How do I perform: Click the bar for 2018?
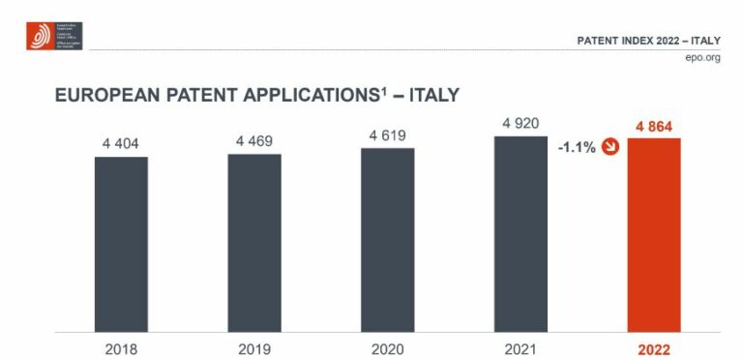(x=121, y=244)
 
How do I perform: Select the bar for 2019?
(x=254, y=242)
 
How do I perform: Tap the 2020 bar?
(x=387, y=239)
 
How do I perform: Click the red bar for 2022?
(x=654, y=235)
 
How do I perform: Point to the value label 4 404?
(x=121, y=144)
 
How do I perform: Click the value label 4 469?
(x=254, y=141)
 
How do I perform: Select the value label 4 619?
(x=387, y=136)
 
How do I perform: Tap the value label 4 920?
(x=520, y=124)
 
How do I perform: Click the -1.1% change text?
(x=576, y=149)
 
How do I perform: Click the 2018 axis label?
(x=121, y=349)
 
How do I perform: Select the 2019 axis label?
(x=254, y=349)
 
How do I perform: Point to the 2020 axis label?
(x=387, y=349)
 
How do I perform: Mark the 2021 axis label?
(x=520, y=349)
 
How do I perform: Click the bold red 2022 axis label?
(x=654, y=349)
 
